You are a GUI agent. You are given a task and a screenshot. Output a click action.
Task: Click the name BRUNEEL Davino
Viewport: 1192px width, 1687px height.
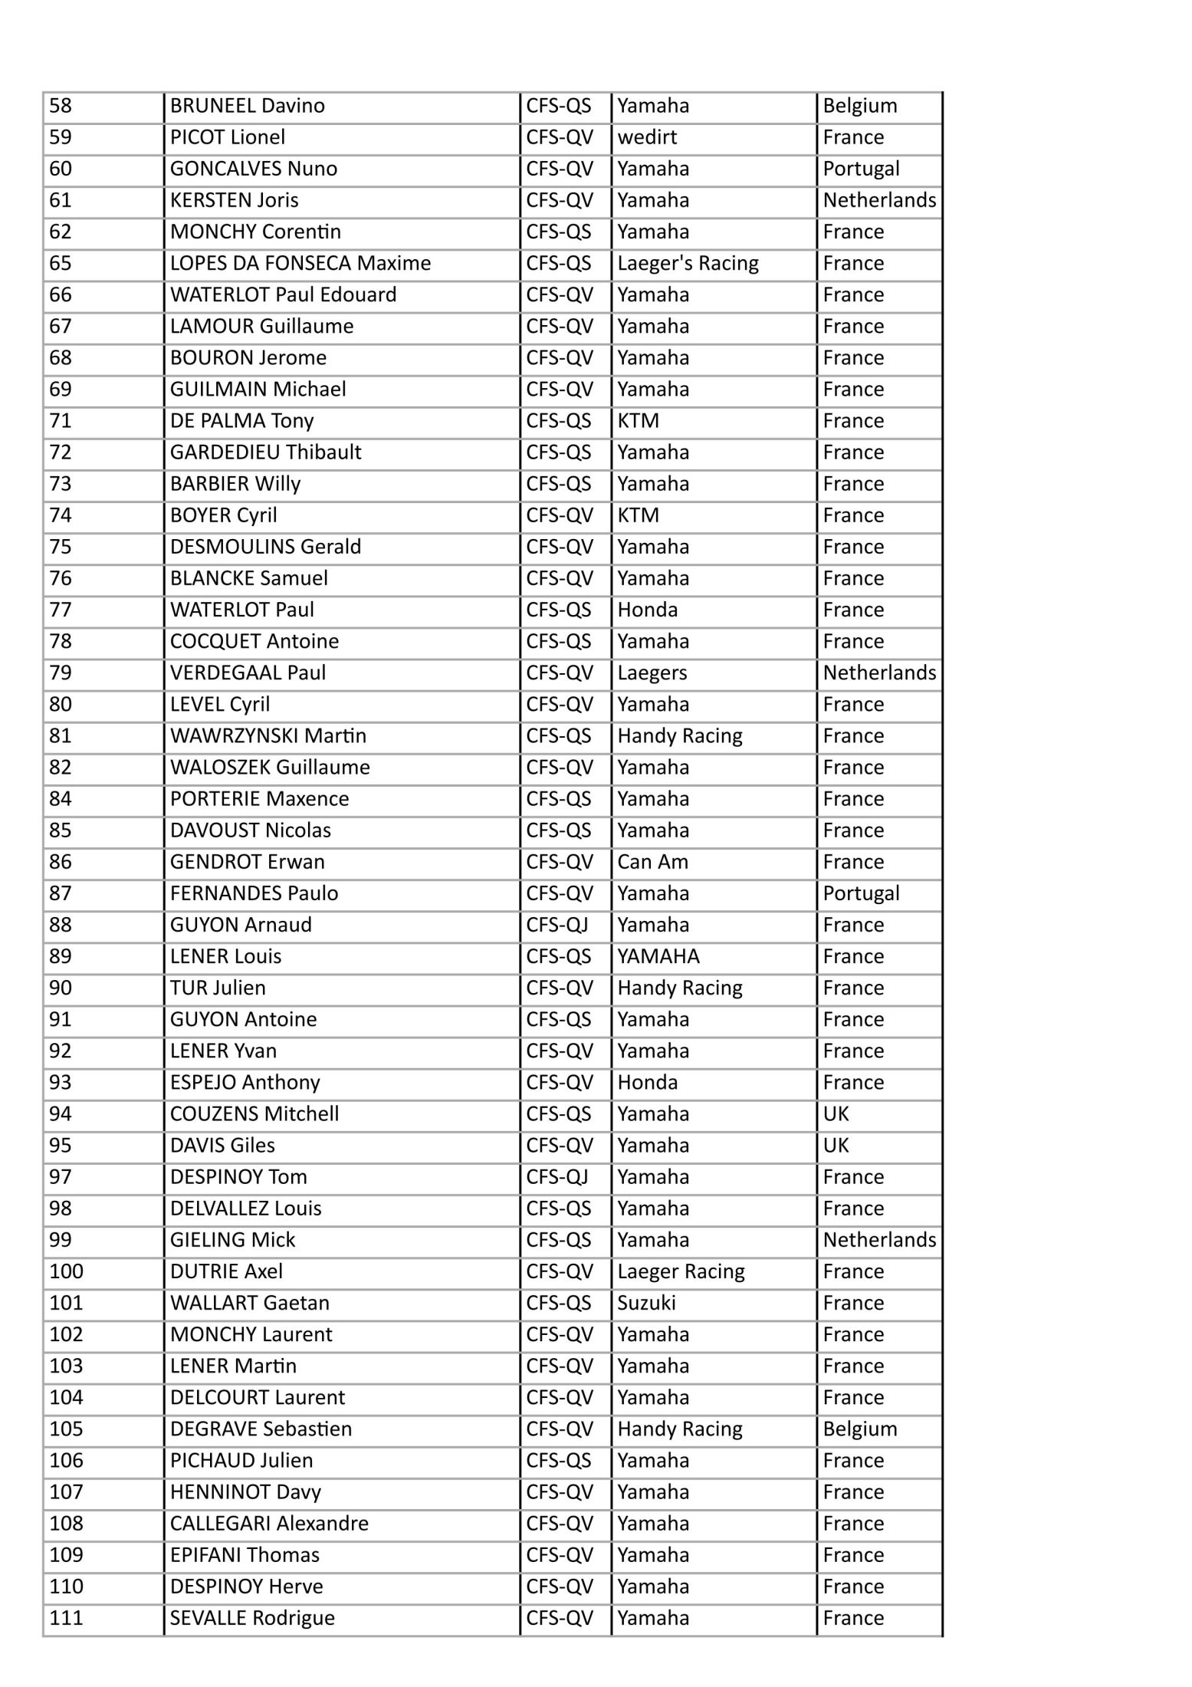pos(247,106)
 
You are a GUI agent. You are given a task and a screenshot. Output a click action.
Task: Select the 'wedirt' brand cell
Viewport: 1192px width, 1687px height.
pos(647,137)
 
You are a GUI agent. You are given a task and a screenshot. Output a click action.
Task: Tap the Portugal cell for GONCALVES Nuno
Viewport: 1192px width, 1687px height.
pos(861,169)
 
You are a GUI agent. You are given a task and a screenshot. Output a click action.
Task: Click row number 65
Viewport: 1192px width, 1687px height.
pos(61,263)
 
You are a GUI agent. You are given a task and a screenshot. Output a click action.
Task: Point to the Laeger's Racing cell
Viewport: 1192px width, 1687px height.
pos(688,263)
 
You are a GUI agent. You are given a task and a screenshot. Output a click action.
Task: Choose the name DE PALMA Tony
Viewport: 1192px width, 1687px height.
pos(241,421)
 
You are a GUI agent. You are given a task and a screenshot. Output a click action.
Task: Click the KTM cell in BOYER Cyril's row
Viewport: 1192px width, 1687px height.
pos(638,515)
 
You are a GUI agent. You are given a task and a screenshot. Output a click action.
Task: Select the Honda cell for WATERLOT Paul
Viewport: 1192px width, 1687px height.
pos(647,610)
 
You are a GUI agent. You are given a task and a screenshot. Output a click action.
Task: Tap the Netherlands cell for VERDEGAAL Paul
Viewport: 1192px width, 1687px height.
pos(879,672)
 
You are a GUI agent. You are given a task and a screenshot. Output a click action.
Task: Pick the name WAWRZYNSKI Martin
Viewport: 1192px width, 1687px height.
pos(268,736)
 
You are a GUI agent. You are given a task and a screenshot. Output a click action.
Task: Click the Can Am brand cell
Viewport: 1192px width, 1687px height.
pos(652,862)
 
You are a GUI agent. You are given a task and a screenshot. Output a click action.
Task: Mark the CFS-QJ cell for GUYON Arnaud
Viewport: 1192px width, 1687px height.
pos(557,925)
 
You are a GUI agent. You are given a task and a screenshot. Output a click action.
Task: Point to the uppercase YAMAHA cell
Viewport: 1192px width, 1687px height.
pos(658,956)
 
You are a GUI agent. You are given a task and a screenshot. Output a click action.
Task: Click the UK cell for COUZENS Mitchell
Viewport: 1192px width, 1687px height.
pos(836,1113)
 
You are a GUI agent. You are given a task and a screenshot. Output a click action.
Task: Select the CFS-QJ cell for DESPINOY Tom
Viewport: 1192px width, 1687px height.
pos(557,1177)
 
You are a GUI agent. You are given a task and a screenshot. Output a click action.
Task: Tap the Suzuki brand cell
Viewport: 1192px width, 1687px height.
pos(646,1303)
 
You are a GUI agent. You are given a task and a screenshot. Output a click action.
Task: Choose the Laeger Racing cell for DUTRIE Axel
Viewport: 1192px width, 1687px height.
pos(681,1271)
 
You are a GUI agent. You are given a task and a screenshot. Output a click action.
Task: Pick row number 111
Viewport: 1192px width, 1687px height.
pos(66,1618)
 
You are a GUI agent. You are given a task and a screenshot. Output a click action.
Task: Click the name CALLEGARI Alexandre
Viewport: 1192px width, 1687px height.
pos(269,1524)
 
